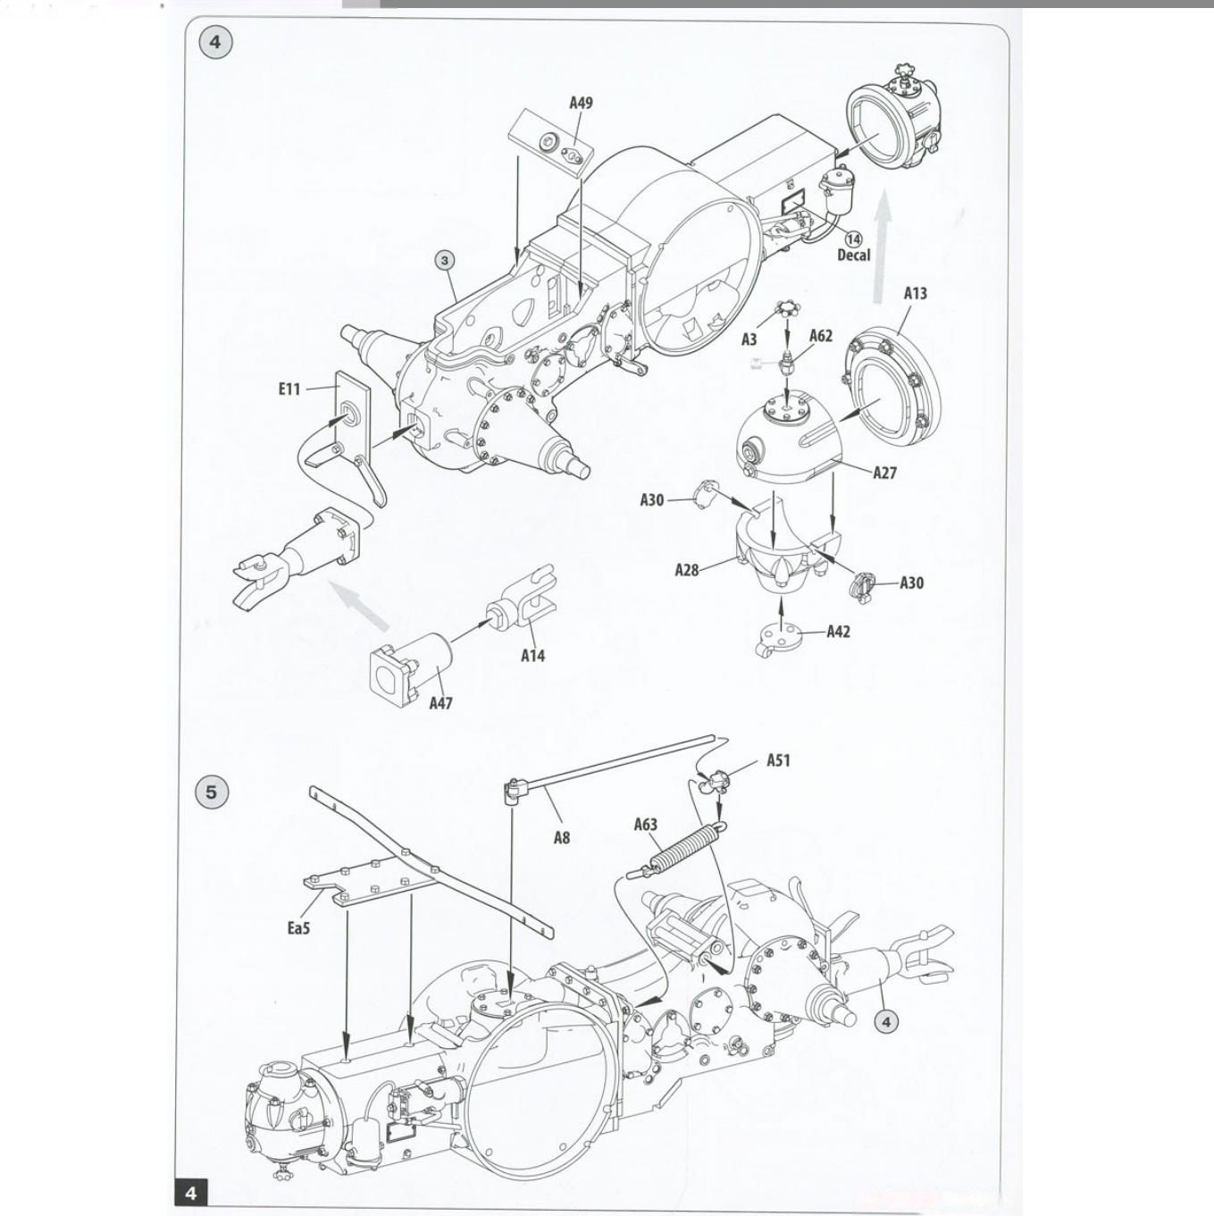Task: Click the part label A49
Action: point(582,103)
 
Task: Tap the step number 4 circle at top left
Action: point(215,42)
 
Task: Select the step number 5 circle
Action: point(212,792)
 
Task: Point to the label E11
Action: point(289,389)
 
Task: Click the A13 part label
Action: point(915,293)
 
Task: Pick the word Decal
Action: point(853,255)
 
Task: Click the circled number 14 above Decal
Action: point(853,239)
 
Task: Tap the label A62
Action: point(821,336)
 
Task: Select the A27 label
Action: point(884,473)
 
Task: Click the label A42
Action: point(839,632)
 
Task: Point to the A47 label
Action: point(441,703)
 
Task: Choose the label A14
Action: point(532,656)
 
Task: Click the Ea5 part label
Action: point(298,928)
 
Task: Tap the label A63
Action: point(646,824)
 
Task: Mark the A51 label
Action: point(778,760)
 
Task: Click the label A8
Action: point(562,837)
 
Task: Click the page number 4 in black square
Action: point(190,1193)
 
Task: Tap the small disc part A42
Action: point(777,638)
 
